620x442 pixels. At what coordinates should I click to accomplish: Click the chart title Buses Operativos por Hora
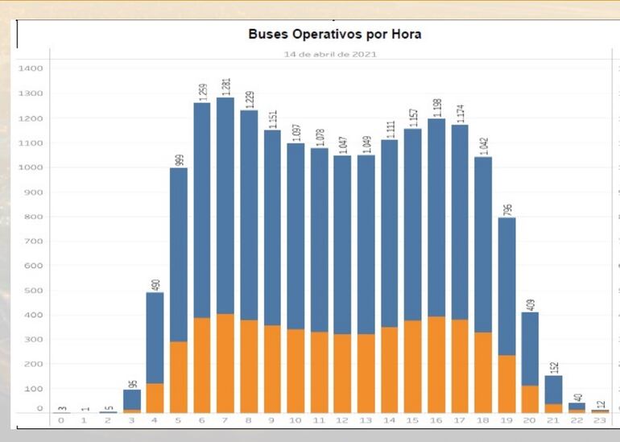click(334, 35)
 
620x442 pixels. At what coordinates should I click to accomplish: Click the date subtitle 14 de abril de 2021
click(330, 55)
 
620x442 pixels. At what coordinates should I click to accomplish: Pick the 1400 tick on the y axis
click(30, 69)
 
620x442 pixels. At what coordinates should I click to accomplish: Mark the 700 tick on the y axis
click(32, 242)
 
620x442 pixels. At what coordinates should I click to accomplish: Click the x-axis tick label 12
click(343, 421)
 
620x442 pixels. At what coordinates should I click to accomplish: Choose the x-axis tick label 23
click(601, 421)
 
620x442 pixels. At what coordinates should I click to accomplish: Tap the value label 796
click(507, 207)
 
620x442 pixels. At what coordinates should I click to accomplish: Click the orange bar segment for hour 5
click(179, 377)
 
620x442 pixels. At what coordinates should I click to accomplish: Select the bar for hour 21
click(553, 394)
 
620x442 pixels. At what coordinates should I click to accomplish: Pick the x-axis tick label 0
click(61, 421)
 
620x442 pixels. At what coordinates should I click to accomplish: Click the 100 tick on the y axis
click(32, 389)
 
